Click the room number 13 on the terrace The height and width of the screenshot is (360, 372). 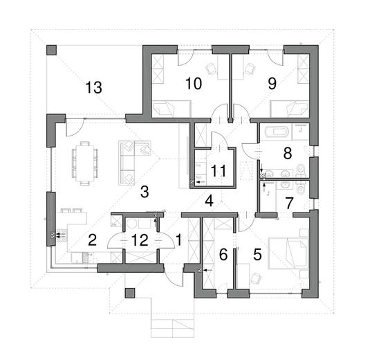[x=93, y=87]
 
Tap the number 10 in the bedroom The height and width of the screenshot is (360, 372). [x=193, y=84]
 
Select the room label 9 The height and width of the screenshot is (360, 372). [x=271, y=83]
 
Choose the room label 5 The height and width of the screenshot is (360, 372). [x=257, y=254]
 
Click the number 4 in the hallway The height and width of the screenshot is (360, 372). [x=209, y=201]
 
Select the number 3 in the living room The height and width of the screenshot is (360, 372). [x=143, y=192]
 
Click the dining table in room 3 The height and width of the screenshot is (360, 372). [x=85, y=163]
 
